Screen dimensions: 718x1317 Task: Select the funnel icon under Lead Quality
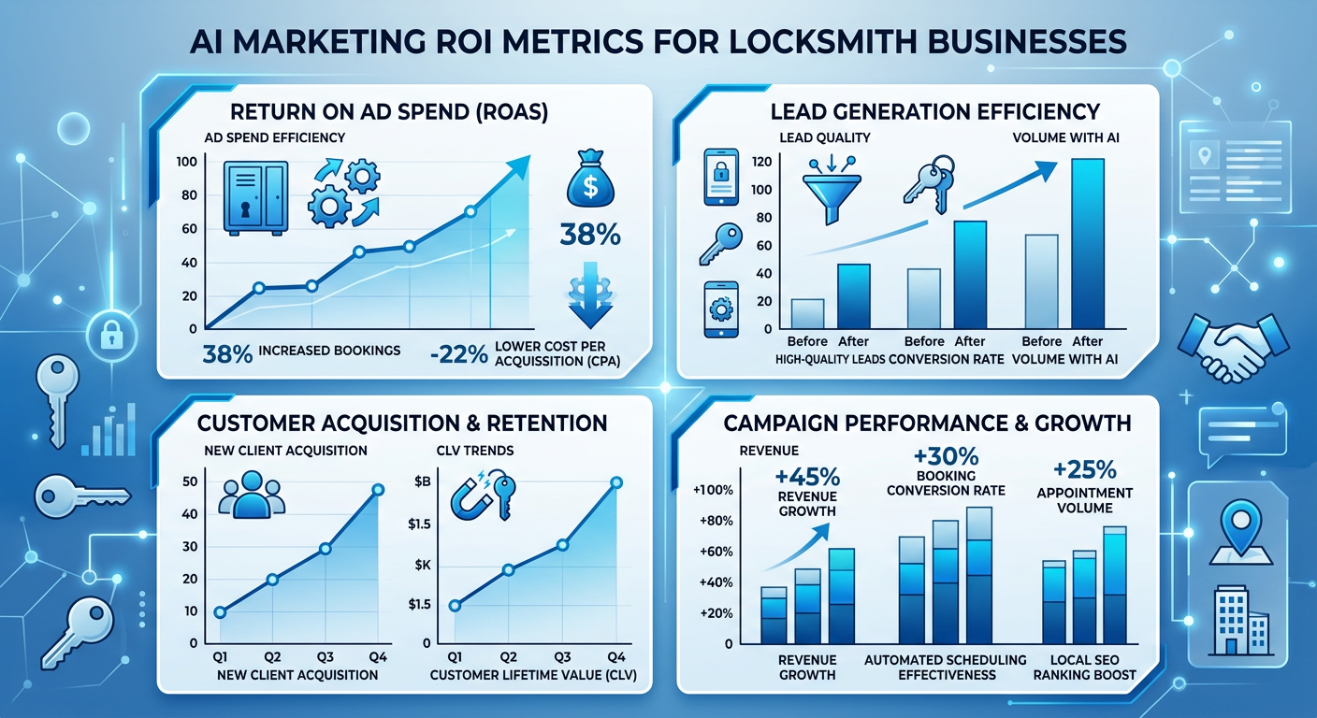point(828,191)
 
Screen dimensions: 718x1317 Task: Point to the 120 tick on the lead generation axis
point(760,162)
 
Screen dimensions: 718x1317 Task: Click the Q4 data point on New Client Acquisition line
point(378,490)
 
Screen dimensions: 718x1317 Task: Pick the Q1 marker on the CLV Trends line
point(456,605)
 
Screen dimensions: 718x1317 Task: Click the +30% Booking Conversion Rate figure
point(946,458)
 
